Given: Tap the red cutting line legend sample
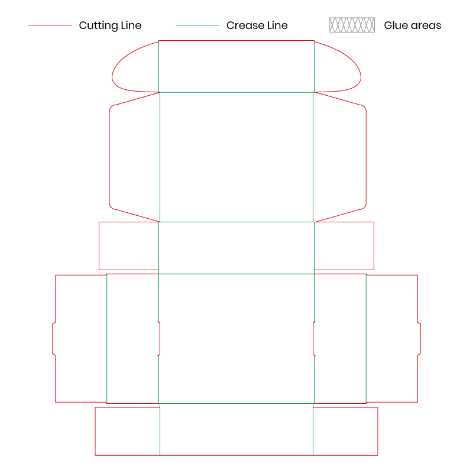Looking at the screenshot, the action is pos(50,25).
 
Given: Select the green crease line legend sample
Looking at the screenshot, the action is pos(197,25).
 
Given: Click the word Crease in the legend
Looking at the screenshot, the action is pos(245,25).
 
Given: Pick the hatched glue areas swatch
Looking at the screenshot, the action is pos(352,25).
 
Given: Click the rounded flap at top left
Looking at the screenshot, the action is pos(135,67).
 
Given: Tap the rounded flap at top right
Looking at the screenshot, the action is pos(338,67).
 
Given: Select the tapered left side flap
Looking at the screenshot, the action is pos(135,157).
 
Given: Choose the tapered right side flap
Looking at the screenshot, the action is pos(340,157).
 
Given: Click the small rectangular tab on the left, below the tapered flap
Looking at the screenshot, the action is pos(129,246).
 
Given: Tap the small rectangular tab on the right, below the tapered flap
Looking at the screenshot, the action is pos(344,246).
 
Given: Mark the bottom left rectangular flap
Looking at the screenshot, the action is pos(127,432).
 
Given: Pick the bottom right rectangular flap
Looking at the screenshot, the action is pos(346,432).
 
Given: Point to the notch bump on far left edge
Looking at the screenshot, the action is pos(54,338).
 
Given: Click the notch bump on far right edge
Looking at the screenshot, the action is pos(419,338).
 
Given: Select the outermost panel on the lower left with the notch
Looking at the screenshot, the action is pos(80,338).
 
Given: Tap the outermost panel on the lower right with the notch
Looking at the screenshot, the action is pos(393,338).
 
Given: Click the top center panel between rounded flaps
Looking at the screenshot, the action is pos(237,66).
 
